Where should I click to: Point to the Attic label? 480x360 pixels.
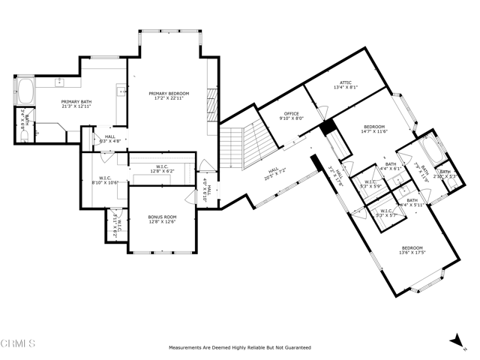pyautogui.click(x=346, y=84)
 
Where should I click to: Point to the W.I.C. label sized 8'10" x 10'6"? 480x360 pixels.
pyautogui.click(x=106, y=181)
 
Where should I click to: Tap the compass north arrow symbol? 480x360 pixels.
pyautogui.click(x=457, y=341)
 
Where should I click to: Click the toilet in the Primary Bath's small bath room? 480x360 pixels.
pyautogui.click(x=23, y=136)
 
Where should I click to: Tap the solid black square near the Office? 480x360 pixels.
pyautogui.click(x=327, y=127)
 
